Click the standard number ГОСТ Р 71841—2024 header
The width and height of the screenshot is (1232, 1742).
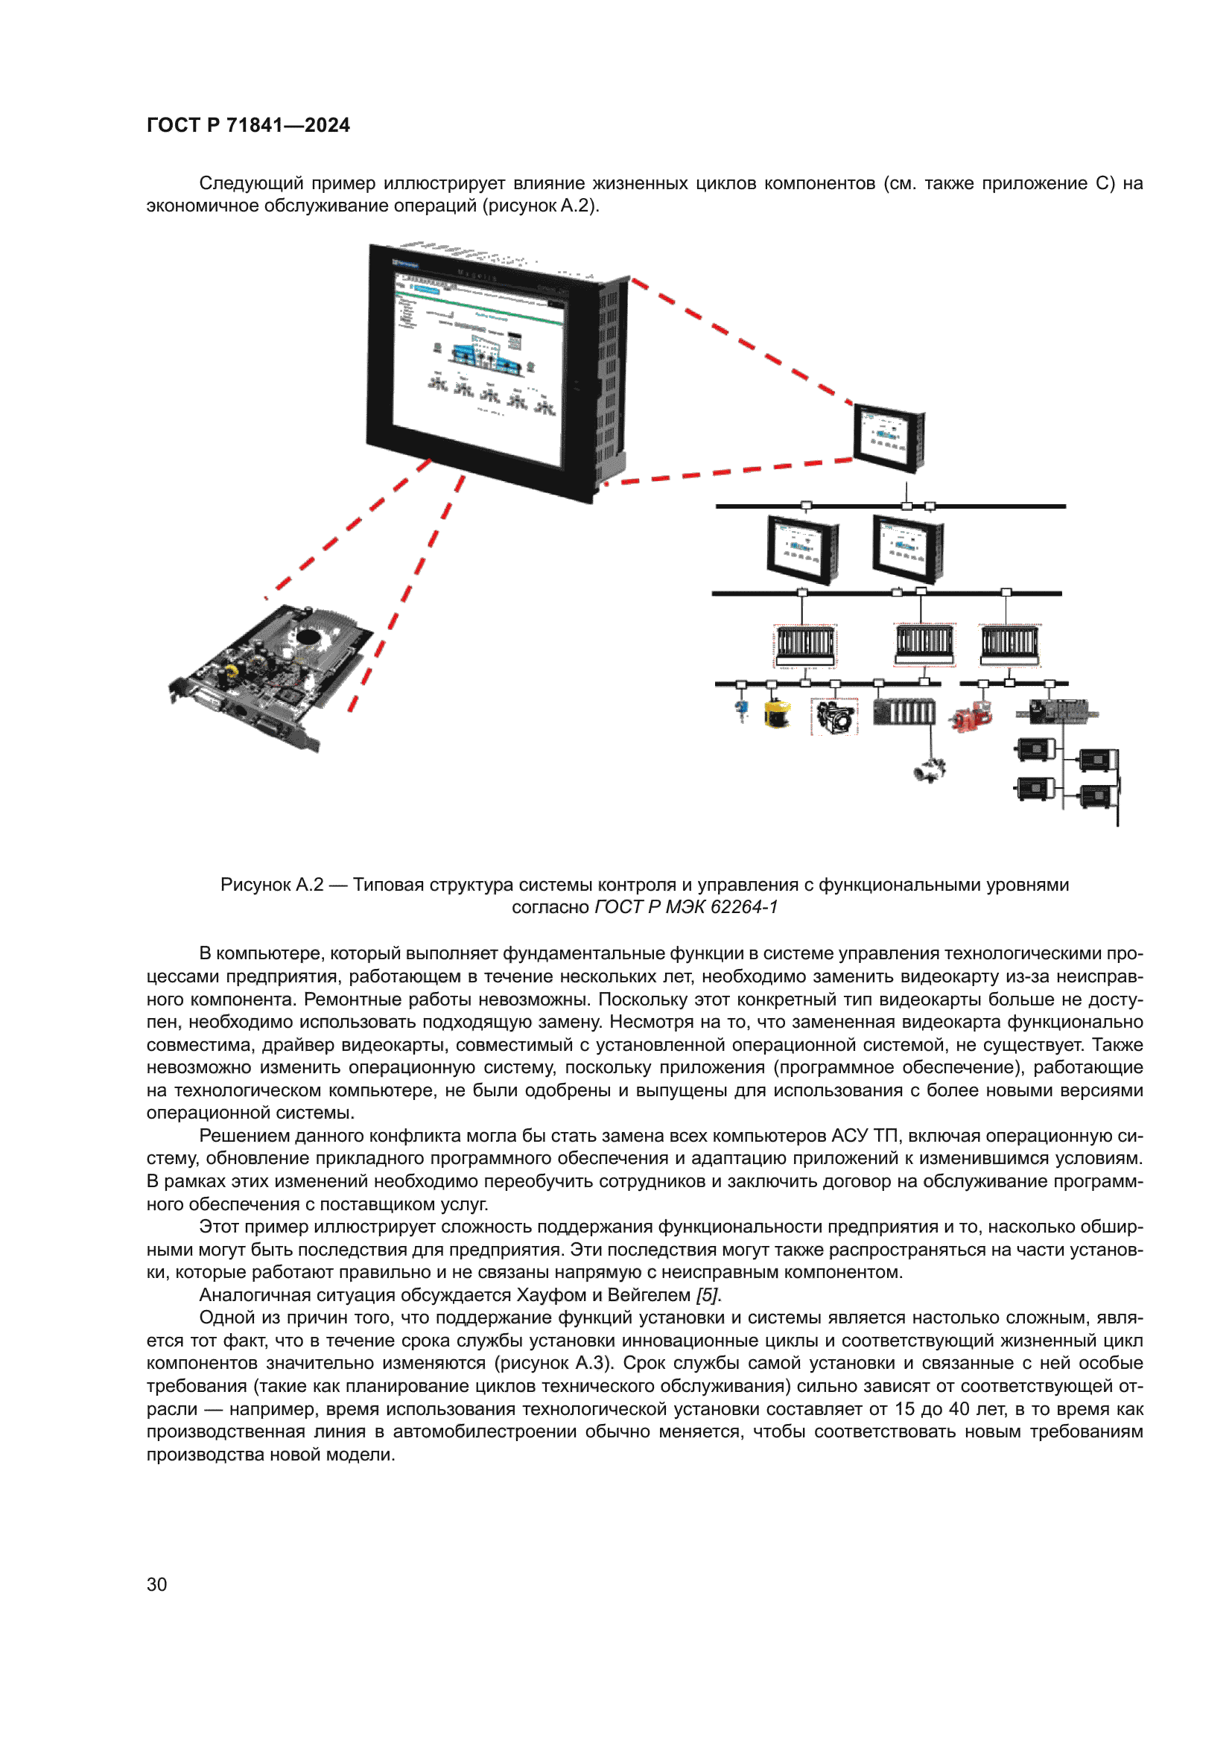point(248,125)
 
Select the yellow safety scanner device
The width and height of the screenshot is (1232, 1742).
point(776,714)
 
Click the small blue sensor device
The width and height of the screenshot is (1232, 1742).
point(742,711)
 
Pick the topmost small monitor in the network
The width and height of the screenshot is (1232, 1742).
point(889,438)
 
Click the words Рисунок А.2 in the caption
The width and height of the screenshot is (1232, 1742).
point(272,885)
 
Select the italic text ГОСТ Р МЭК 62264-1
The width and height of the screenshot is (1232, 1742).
point(686,907)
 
